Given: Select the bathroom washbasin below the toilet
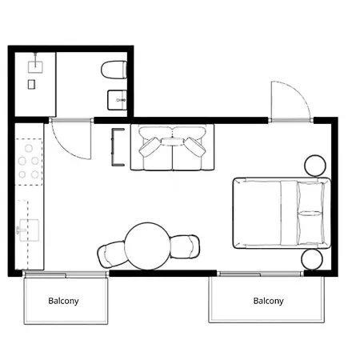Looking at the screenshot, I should [x=116, y=100].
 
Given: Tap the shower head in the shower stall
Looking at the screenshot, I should [x=37, y=62].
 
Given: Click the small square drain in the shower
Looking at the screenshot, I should [x=31, y=84].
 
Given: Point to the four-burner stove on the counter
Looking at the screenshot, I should [x=29, y=161].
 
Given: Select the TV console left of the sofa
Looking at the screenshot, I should [x=118, y=148].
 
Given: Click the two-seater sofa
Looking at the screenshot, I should [x=172, y=148].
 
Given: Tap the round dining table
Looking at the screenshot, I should [x=148, y=246].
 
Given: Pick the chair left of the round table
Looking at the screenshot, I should [x=110, y=254].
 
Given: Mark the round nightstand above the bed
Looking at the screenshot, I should [x=315, y=166].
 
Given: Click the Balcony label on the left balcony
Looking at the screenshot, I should [x=64, y=302].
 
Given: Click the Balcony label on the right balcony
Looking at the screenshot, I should [x=268, y=302].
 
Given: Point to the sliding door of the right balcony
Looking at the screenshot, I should [x=268, y=274].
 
